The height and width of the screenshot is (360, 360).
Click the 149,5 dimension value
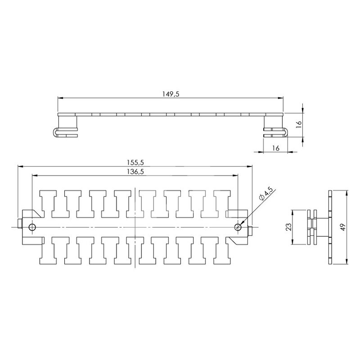(x=171, y=94)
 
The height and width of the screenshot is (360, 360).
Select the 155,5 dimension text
(x=135, y=162)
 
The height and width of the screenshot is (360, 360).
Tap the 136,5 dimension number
(x=135, y=171)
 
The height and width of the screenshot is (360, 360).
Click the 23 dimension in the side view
(x=289, y=227)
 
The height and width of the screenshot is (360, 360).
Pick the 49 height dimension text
(x=343, y=227)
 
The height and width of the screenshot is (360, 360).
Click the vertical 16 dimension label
(x=298, y=124)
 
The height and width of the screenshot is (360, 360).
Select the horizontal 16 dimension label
(x=275, y=148)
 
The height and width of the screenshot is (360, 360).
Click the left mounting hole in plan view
(x=32, y=227)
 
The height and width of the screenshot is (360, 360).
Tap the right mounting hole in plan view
(x=238, y=227)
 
